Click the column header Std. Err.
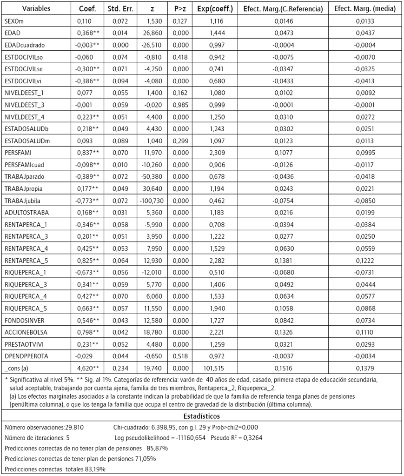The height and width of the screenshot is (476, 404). coord(120,9)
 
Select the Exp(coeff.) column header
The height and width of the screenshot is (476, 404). coord(215,9)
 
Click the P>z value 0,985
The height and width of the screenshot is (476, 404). coord(180,104)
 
